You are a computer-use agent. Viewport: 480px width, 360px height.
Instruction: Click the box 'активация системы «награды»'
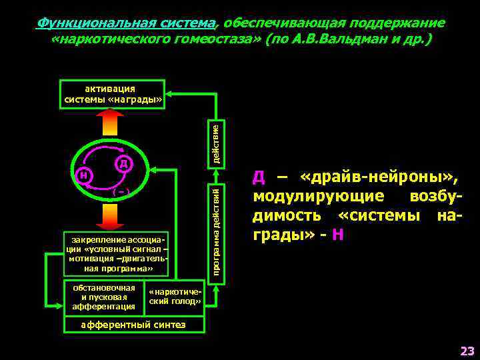click(x=112, y=94)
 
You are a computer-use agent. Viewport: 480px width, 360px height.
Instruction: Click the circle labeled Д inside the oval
click(x=124, y=163)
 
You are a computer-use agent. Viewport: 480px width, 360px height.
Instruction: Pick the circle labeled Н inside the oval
click(x=83, y=176)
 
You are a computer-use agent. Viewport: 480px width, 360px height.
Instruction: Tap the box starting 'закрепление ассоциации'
click(x=115, y=254)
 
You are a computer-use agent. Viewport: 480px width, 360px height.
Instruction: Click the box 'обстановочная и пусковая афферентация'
click(x=103, y=297)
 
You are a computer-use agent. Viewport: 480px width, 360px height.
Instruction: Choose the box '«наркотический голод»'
click(x=175, y=297)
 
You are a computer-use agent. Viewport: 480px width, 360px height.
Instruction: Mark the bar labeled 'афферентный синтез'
click(x=133, y=325)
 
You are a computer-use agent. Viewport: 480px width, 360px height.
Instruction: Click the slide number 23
click(x=466, y=350)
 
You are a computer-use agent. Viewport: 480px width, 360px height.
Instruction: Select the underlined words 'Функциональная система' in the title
click(x=127, y=23)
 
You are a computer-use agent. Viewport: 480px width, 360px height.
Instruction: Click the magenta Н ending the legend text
click(x=340, y=235)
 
